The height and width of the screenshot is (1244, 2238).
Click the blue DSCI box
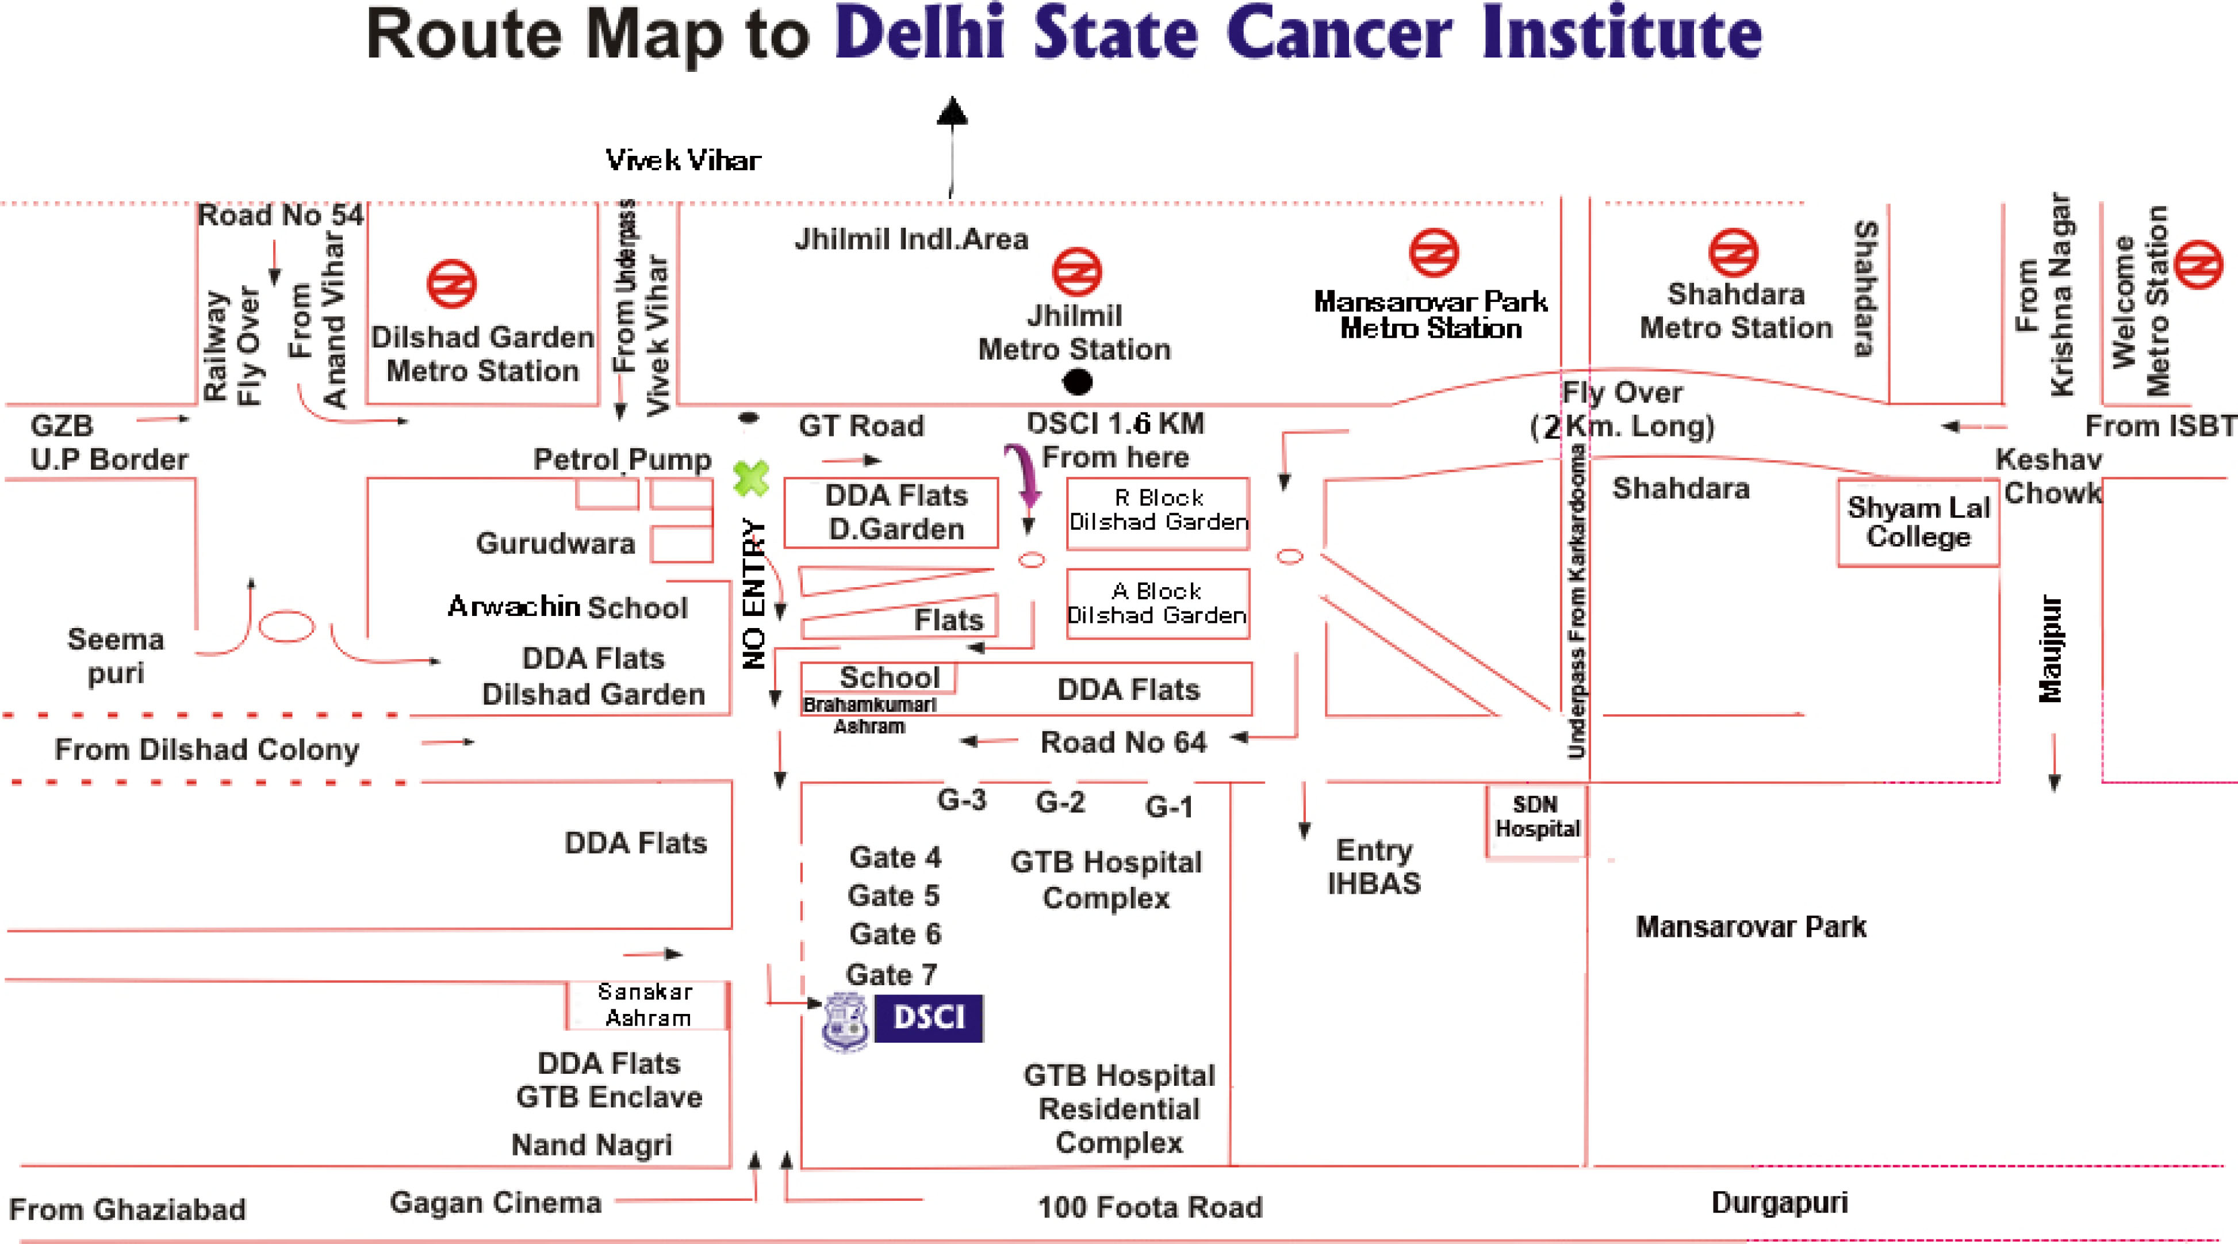tap(928, 1018)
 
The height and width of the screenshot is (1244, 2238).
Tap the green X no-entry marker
tap(750, 478)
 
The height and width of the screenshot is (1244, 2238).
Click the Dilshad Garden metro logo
tap(452, 283)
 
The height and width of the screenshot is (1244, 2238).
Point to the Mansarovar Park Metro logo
tap(1434, 253)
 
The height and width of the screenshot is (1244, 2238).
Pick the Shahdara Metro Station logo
tap(1733, 253)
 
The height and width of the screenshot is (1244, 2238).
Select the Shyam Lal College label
tap(1918, 522)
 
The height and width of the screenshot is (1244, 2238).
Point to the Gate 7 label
tap(891, 975)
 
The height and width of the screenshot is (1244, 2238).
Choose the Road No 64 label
tap(1124, 742)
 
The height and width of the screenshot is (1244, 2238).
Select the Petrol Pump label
tap(622, 459)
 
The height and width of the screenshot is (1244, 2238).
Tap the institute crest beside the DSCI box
tap(845, 1021)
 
